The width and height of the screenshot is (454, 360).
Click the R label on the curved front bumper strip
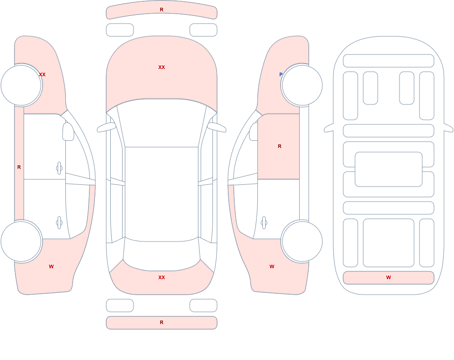click(x=162, y=10)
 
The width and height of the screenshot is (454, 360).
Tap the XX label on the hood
click(x=162, y=67)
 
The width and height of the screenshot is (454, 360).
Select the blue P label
click(x=281, y=74)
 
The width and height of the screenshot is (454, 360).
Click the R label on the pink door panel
click(x=279, y=146)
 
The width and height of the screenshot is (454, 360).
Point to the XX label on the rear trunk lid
click(x=162, y=277)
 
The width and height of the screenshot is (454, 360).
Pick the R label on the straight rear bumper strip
click(x=162, y=322)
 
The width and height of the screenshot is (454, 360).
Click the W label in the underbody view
click(x=389, y=277)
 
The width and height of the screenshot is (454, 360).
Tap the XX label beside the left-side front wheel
click(x=42, y=74)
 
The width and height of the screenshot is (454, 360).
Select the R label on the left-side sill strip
click(x=19, y=167)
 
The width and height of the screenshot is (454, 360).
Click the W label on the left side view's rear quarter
click(x=51, y=266)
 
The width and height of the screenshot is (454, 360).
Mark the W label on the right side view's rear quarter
click(x=272, y=266)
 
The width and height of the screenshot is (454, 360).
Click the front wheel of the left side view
click(x=21, y=85)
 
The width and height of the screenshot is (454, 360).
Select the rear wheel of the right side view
click(x=302, y=242)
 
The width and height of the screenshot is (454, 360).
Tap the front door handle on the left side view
click(x=59, y=168)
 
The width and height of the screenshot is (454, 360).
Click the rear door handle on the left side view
click(x=59, y=223)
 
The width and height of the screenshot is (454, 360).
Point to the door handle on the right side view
click(x=264, y=223)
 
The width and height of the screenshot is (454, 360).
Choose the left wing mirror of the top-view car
click(x=106, y=128)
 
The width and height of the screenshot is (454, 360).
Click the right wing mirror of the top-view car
click(x=217, y=128)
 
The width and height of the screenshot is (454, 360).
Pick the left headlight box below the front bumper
click(x=120, y=30)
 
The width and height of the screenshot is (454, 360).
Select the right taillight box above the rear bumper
click(x=203, y=306)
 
